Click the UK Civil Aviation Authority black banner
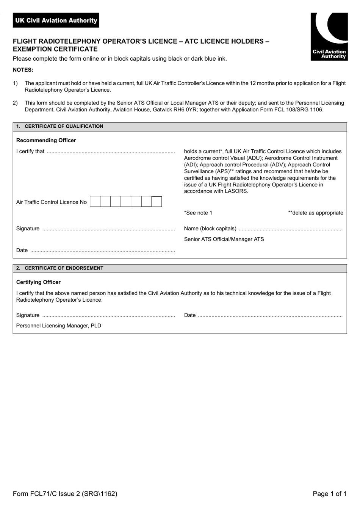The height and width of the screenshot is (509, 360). [x=56, y=20]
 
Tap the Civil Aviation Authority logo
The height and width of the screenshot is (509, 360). [x=329, y=36]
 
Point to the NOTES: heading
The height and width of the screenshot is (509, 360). [x=23, y=70]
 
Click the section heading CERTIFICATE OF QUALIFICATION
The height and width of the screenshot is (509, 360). [x=64, y=126]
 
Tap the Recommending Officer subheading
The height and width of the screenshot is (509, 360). [x=46, y=140]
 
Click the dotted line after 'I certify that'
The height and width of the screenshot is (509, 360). [x=110, y=152]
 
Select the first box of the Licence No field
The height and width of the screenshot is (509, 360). [x=95, y=202]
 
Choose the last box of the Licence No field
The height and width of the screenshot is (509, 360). [x=157, y=202]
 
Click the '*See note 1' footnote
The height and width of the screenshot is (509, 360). [x=198, y=213]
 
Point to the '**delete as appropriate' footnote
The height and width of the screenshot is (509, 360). [x=315, y=213]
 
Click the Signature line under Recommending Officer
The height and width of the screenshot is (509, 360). [x=108, y=229]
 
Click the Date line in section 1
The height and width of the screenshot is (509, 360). [x=102, y=251]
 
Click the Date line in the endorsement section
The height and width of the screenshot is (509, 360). [x=270, y=315]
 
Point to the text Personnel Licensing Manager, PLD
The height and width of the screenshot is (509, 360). [x=59, y=326]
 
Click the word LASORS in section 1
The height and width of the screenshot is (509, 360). [x=237, y=191]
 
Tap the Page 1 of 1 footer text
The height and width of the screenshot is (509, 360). [x=329, y=493]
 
